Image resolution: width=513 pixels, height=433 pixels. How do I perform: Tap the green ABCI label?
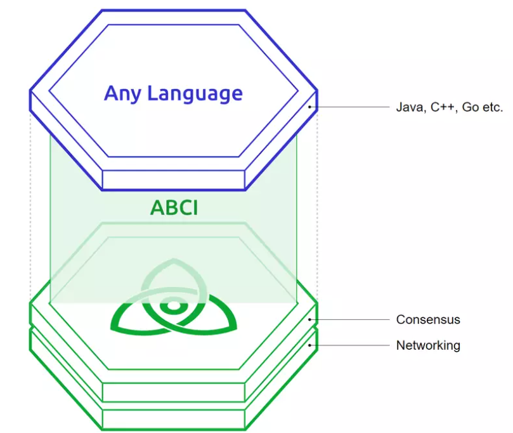[x=174, y=208]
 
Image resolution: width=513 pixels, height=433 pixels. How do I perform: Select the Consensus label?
[x=428, y=319]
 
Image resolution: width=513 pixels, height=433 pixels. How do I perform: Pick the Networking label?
[x=428, y=345]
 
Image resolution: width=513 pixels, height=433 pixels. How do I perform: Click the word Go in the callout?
[x=470, y=107]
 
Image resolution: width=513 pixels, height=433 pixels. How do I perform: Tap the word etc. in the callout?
[x=492, y=107]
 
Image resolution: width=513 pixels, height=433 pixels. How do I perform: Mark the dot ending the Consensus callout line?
[x=309, y=319]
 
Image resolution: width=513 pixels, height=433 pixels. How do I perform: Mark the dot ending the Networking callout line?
[x=309, y=345]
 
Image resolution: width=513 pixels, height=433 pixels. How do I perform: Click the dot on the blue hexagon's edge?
[x=309, y=107]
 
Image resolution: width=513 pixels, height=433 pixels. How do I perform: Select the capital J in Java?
[x=399, y=107]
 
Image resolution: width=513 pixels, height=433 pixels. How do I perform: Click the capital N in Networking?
[x=401, y=345]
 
